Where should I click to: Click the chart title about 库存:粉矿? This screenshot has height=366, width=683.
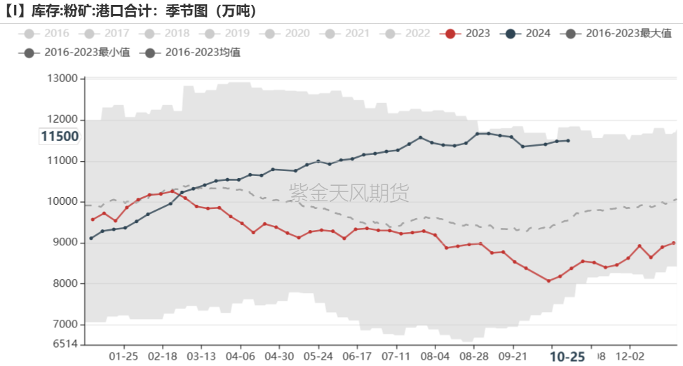[129, 11]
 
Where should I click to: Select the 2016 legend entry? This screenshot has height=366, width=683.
[46, 33]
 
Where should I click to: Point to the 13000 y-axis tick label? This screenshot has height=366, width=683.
[62, 79]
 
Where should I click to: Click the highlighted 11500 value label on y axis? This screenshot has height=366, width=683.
[60, 137]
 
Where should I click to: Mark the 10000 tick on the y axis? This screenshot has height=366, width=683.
[62, 202]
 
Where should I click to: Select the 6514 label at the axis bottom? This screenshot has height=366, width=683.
[65, 344]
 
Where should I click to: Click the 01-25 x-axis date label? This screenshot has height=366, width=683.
[124, 355]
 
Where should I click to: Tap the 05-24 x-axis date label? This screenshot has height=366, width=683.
[320, 355]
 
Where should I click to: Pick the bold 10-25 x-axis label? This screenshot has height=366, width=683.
[567, 356]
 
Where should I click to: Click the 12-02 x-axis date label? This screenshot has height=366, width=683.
[629, 355]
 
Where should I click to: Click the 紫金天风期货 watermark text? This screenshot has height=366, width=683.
[349, 192]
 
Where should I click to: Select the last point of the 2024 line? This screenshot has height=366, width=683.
[568, 141]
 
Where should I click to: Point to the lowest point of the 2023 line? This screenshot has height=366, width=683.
[548, 280]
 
